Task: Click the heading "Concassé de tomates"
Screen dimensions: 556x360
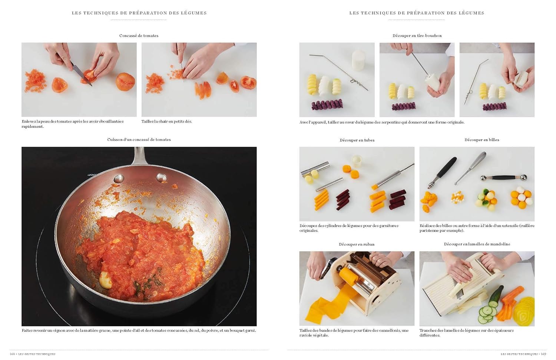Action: [139, 36]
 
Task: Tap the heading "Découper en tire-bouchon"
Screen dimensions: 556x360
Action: [417, 36]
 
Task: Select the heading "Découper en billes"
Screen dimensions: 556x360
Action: [482, 140]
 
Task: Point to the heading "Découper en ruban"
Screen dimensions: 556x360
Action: [357, 244]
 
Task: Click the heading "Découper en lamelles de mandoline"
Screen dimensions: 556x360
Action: [477, 244]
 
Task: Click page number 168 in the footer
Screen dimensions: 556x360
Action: [12, 354]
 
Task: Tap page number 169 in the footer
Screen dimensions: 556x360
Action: [544, 354]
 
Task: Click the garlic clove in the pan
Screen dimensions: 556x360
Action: [106, 280]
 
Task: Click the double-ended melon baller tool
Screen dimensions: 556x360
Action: [504, 177]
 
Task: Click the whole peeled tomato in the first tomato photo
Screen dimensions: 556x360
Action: [125, 81]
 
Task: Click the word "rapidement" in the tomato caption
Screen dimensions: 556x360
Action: [33, 127]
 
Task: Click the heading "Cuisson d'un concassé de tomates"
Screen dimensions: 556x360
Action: [139, 140]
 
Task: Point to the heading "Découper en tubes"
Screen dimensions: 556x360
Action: [357, 140]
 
